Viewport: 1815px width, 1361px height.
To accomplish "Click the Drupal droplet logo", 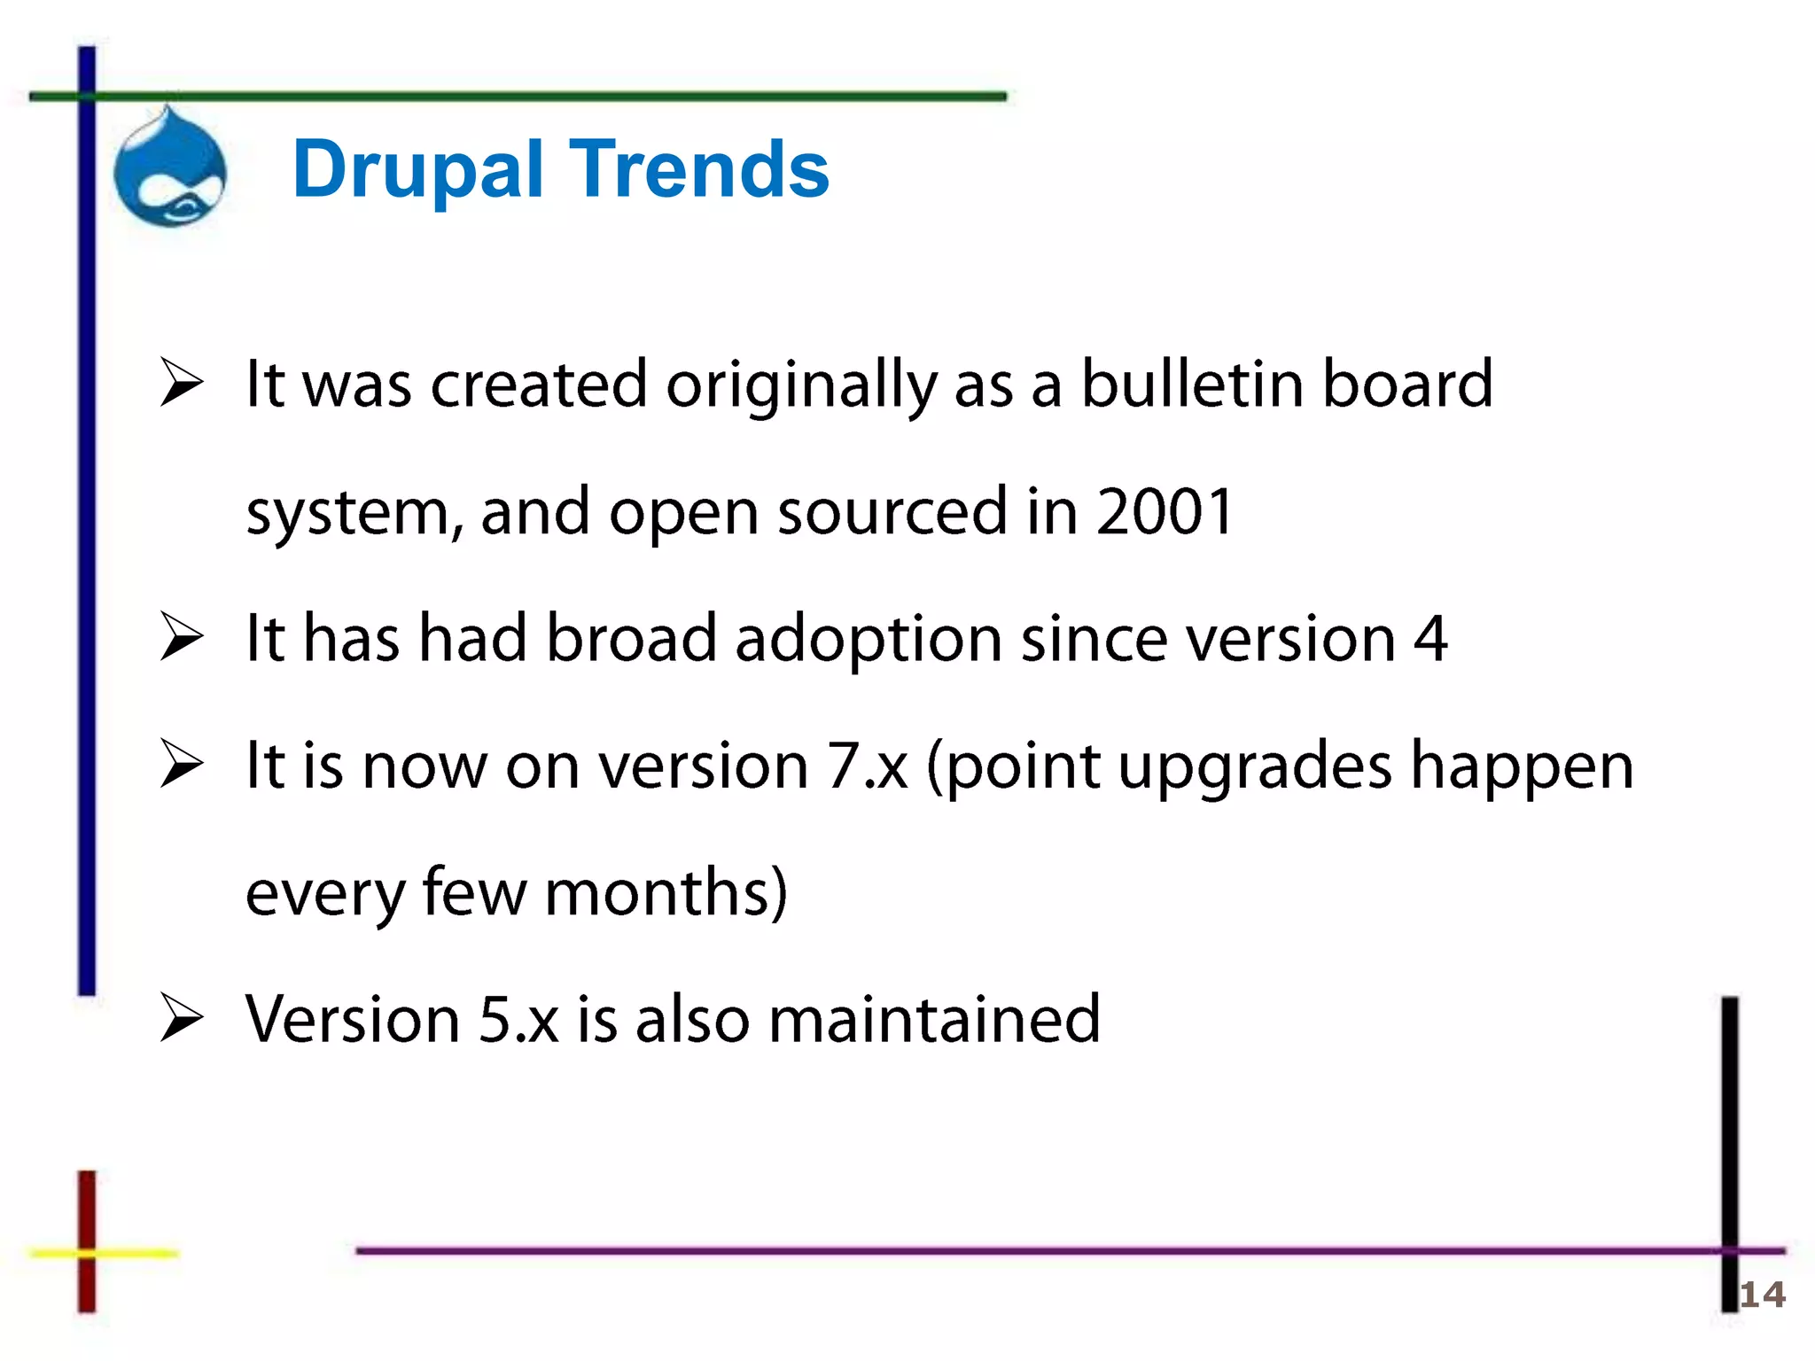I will click(x=170, y=168).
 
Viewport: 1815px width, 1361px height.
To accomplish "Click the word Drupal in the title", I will click(x=417, y=169).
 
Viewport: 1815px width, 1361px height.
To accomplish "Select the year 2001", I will click(x=1164, y=511).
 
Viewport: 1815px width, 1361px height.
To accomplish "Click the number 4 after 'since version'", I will click(x=1429, y=638).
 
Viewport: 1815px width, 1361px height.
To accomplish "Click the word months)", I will click(x=666, y=892).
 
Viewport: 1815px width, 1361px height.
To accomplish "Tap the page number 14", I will click(x=1762, y=1295).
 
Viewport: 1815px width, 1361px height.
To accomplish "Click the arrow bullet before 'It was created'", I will click(x=182, y=383).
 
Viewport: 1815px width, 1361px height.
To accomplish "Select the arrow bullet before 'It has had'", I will click(x=182, y=637).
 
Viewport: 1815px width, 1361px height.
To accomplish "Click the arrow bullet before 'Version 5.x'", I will click(x=182, y=1018).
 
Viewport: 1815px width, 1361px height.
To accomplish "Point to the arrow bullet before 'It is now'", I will click(x=182, y=764).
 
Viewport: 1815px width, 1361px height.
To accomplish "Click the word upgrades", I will click(x=1254, y=767).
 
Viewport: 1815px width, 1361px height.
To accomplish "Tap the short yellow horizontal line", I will click(x=133, y=1253).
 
